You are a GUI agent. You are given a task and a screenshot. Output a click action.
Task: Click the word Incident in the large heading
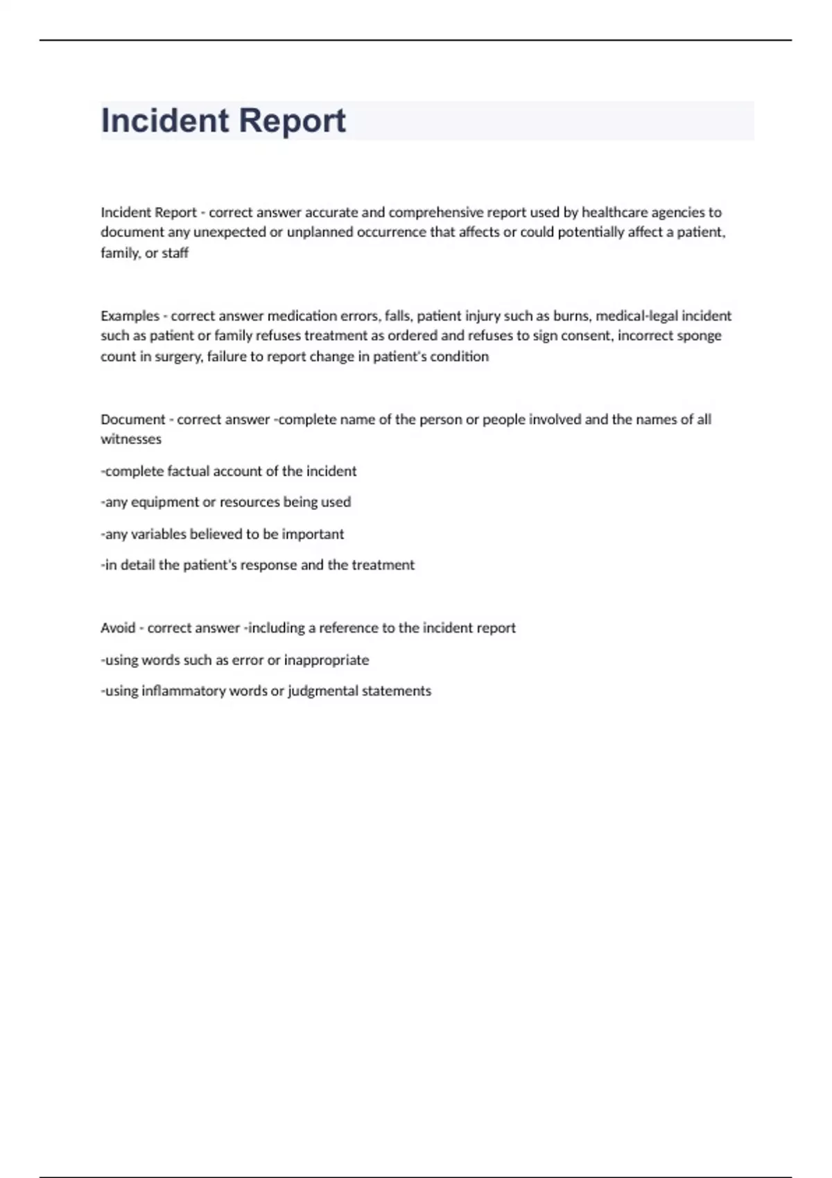point(165,121)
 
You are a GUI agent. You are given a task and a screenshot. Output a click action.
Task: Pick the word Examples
point(130,316)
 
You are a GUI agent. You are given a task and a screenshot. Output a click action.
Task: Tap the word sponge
point(699,336)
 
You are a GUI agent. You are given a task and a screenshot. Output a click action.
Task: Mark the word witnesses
point(131,439)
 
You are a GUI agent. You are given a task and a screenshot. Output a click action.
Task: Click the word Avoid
point(118,628)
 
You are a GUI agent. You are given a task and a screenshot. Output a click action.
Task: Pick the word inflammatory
point(183,691)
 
